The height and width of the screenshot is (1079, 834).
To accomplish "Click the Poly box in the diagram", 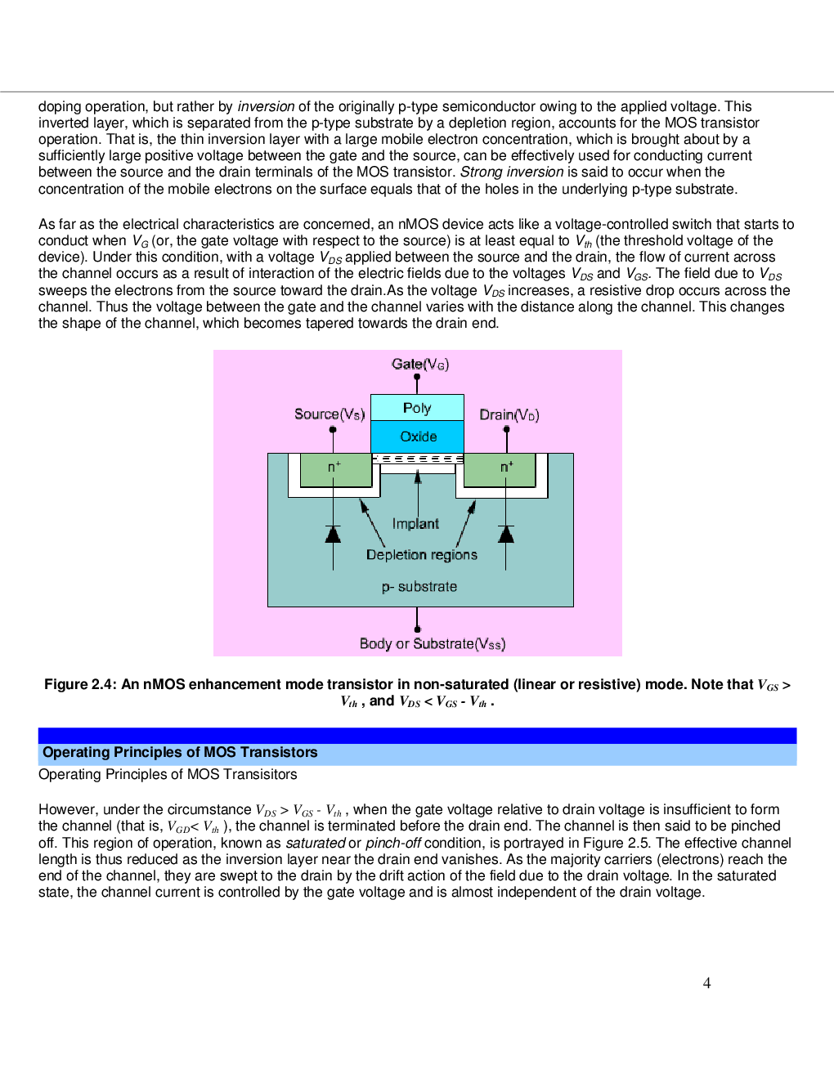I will pos(417,408).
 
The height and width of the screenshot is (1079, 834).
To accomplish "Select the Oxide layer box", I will pos(418,437).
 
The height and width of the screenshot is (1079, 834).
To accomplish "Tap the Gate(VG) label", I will pos(420,364).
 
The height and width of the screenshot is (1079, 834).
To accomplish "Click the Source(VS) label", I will pos(330,414).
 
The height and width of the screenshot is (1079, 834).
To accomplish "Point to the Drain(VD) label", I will pos(509,414).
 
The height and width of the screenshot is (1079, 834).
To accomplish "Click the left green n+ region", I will pos(335,469).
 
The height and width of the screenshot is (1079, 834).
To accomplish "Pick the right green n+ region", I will pos(500,469).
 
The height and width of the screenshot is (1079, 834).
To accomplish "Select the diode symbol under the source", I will pos(333,534).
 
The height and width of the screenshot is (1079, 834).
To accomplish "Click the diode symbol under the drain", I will pos(506,534).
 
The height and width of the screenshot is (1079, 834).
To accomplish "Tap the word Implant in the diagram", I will pos(415,523).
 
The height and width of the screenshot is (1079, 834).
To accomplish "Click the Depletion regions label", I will pos(421,554).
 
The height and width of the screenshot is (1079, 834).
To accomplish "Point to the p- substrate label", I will pos(419,586).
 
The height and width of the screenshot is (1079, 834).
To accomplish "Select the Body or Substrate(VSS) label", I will pos(433,643).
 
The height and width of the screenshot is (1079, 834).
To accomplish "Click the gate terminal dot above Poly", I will pos(417,378).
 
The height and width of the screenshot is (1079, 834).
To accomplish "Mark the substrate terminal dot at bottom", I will pos(418,629).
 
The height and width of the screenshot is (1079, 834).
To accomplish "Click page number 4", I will pos(707,983).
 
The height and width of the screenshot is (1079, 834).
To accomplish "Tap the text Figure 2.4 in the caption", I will pos(79,684).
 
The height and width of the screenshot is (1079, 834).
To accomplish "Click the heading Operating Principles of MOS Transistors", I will pos(180,752).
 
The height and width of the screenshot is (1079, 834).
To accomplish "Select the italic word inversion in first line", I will pos(266,106).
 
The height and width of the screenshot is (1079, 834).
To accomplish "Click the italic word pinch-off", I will pos(392,843).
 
